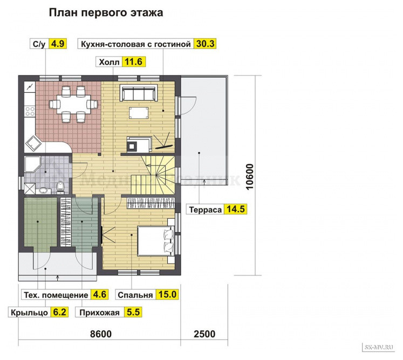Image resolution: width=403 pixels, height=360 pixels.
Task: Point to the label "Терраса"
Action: coord(205,210)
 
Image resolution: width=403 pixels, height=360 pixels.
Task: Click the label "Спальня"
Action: coord(135,295)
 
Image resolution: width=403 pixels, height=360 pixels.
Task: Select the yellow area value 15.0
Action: coord(167,295)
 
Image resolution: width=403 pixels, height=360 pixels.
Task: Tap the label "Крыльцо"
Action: coord(27,313)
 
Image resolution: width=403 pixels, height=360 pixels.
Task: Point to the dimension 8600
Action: coord(100,334)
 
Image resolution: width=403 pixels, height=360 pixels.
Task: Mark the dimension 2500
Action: coord(203,334)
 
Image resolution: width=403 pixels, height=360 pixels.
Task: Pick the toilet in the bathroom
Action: coord(61,186)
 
